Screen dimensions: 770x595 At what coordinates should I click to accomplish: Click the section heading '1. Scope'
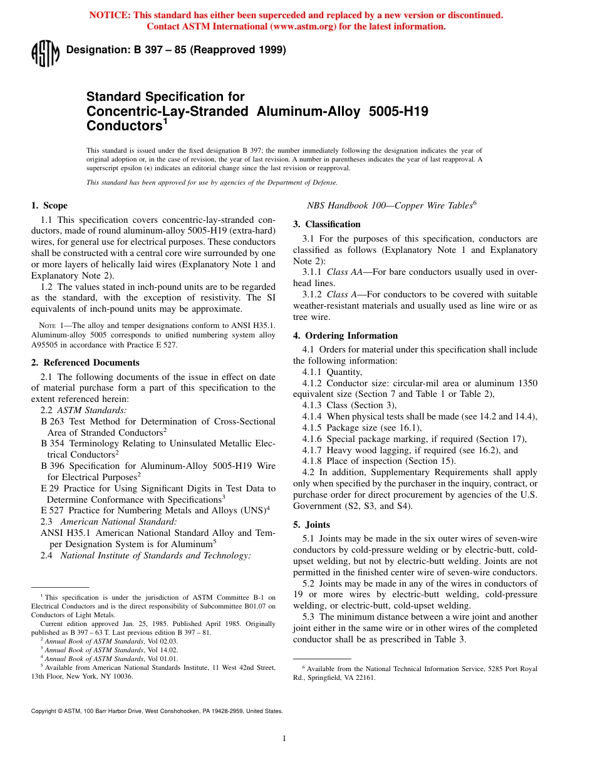click(49, 205)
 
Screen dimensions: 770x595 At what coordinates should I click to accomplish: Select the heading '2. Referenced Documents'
click(85, 362)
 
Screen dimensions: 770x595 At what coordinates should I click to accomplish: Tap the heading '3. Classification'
click(327, 224)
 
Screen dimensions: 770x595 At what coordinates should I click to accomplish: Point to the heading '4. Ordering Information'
click(345, 336)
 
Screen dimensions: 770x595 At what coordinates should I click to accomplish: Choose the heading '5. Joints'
click(311, 525)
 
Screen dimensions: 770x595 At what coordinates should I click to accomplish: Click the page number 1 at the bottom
click(284, 739)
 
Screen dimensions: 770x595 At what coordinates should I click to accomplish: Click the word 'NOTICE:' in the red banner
click(110, 15)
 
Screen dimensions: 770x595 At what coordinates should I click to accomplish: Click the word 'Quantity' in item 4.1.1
click(343, 372)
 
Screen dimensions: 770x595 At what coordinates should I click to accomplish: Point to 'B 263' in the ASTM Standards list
click(52, 421)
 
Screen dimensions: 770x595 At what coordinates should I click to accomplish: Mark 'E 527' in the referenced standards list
click(52, 510)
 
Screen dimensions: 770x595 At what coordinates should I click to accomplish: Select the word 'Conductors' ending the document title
click(124, 126)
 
